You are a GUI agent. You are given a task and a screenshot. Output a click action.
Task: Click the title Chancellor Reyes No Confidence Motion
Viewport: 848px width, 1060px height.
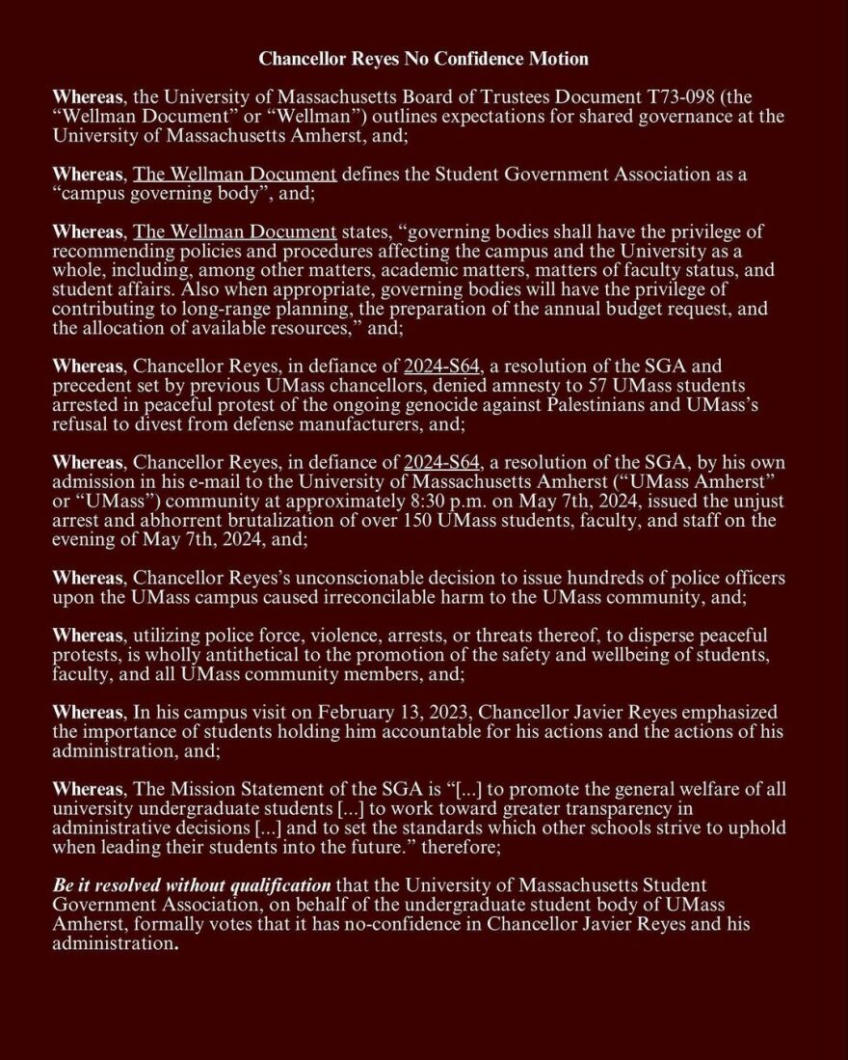[x=423, y=59]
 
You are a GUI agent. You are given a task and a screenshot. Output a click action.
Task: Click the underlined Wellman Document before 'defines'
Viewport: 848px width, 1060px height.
[x=234, y=175]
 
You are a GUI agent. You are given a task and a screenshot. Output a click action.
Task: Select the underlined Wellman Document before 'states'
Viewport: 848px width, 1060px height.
[x=234, y=232]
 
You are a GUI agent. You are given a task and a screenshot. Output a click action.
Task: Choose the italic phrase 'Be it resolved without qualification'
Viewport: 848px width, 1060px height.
[x=191, y=885]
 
